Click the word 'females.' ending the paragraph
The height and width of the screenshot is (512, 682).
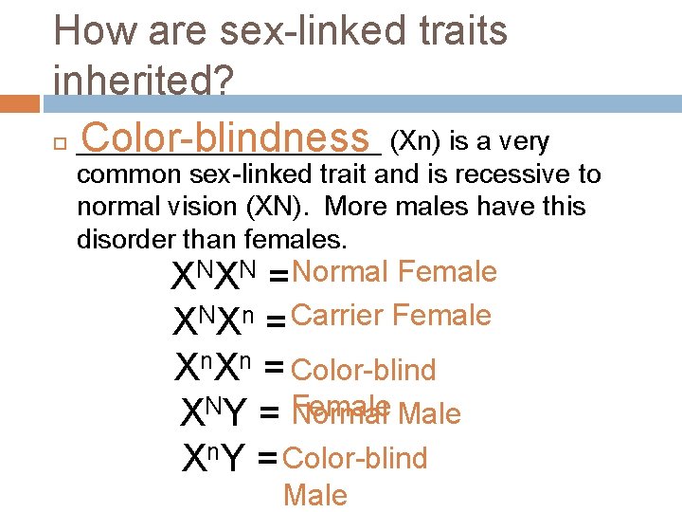278,239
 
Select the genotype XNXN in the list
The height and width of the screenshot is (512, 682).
214,278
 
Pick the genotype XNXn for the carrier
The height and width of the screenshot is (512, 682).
214,322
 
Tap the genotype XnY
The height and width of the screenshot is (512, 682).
214,459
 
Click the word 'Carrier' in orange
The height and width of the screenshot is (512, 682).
337,316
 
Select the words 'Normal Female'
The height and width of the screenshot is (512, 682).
394,273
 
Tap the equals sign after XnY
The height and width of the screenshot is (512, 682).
266,461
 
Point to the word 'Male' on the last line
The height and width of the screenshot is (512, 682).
314,495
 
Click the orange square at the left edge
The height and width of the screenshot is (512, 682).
19,102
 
